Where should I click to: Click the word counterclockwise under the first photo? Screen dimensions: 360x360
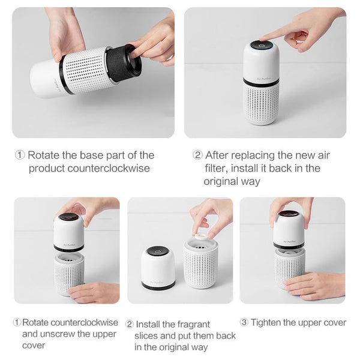click(109, 168)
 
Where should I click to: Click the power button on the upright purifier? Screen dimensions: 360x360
click(261, 46)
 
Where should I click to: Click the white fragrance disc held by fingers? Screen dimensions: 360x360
click(203, 235)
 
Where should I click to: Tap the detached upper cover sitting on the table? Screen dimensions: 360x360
click(158, 268)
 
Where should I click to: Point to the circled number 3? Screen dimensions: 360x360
click(244, 322)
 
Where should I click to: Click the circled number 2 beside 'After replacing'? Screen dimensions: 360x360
click(197, 155)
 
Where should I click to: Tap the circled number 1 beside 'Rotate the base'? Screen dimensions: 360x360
click(20, 155)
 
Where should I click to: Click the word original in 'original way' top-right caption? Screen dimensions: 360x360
click(221, 181)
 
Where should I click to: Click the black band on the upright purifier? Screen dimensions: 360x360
click(261, 82)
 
